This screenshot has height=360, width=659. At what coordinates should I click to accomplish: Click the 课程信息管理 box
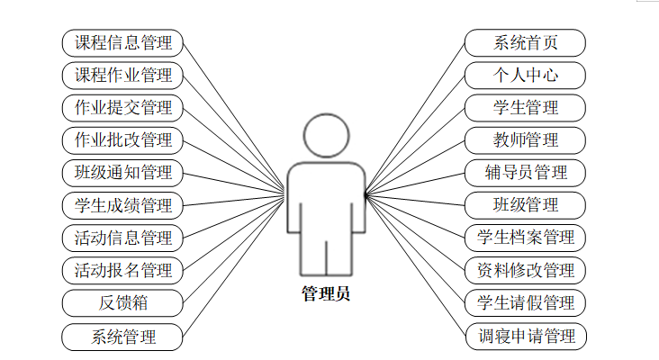tap(122, 42)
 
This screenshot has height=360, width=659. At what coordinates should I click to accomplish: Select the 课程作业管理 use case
tap(122, 75)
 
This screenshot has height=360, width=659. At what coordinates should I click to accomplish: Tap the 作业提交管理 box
tap(122, 108)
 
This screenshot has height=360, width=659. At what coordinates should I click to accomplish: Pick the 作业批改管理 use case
tap(122, 140)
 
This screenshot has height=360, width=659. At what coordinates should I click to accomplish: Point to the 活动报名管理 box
tap(122, 270)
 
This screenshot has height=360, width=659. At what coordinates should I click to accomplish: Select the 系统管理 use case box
tap(122, 337)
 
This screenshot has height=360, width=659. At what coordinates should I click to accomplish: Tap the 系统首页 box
tap(526, 42)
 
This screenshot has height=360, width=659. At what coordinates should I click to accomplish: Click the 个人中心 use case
tap(526, 75)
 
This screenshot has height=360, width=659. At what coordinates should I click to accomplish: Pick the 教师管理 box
tap(526, 140)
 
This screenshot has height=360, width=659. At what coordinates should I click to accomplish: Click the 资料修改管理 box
tap(526, 270)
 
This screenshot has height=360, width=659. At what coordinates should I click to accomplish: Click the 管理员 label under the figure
tap(325, 293)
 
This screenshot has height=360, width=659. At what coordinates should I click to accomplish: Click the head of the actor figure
tap(325, 136)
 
